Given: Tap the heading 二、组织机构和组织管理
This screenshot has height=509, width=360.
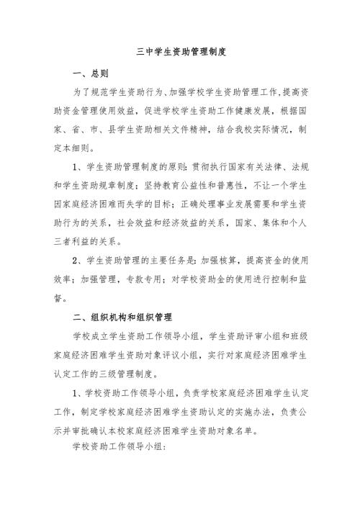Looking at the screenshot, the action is point(122,315).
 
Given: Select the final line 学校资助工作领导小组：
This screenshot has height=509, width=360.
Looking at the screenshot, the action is point(119,446).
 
